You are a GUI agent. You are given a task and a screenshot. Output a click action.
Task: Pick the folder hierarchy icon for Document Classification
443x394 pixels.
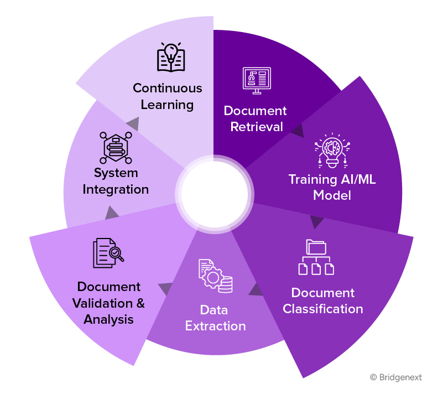316,257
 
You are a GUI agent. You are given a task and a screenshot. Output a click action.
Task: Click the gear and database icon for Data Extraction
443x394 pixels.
215,276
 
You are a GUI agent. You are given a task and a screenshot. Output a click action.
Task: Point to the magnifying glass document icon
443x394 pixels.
108,253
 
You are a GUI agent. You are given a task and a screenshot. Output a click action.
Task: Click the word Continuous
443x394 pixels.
167,88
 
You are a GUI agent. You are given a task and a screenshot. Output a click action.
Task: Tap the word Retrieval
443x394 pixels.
256,127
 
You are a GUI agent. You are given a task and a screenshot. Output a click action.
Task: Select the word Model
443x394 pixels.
332,195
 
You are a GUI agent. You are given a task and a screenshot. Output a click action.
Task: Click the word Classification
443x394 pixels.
323,309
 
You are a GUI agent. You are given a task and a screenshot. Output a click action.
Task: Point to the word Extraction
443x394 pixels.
215,326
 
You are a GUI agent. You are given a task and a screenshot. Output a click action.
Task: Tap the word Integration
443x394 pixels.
116,189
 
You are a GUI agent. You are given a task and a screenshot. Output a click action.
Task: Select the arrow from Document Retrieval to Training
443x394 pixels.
297,131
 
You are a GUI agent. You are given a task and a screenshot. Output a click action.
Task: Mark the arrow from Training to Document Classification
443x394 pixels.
316,222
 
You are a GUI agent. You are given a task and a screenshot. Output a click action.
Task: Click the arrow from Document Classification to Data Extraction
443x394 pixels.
255,289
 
